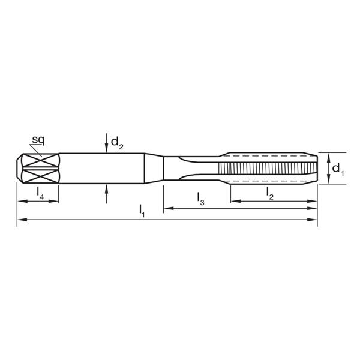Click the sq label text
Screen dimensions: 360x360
click(38, 140)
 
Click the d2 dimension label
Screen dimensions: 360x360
click(117, 143)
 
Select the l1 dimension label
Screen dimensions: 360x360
click(142, 210)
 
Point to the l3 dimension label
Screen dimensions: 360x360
click(200, 199)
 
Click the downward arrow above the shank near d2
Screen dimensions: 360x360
click(106, 146)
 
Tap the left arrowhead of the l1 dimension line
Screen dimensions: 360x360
click(21, 220)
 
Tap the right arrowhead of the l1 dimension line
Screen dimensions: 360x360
click(313, 220)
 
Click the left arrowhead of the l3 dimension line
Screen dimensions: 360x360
click(168, 208)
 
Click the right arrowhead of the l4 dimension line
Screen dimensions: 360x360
click(56, 200)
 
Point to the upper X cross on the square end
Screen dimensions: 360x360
click(40, 161)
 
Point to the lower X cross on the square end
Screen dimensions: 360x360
click(40, 176)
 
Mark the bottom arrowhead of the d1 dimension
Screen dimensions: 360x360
click(328, 182)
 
